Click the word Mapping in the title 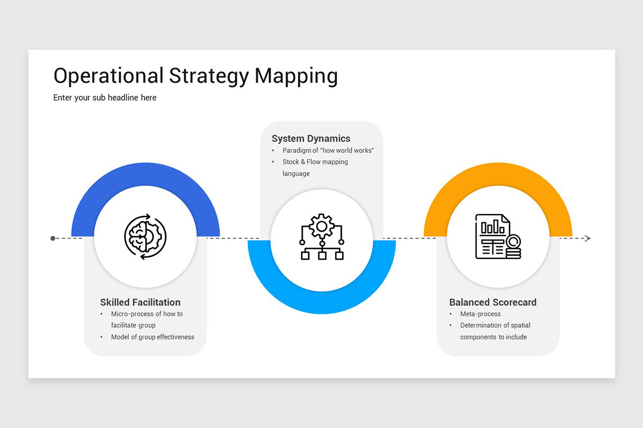point(296,76)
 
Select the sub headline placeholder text point(105,97)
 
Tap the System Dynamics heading point(311,139)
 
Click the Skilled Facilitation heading point(140,302)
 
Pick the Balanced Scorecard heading point(493,302)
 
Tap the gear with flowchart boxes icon point(322,237)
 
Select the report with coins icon point(498,237)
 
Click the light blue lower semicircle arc point(322,302)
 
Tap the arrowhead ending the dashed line point(587,238)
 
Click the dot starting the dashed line point(53,238)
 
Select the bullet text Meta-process point(481,314)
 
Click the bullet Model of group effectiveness point(153,337)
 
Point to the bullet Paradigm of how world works point(328,150)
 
